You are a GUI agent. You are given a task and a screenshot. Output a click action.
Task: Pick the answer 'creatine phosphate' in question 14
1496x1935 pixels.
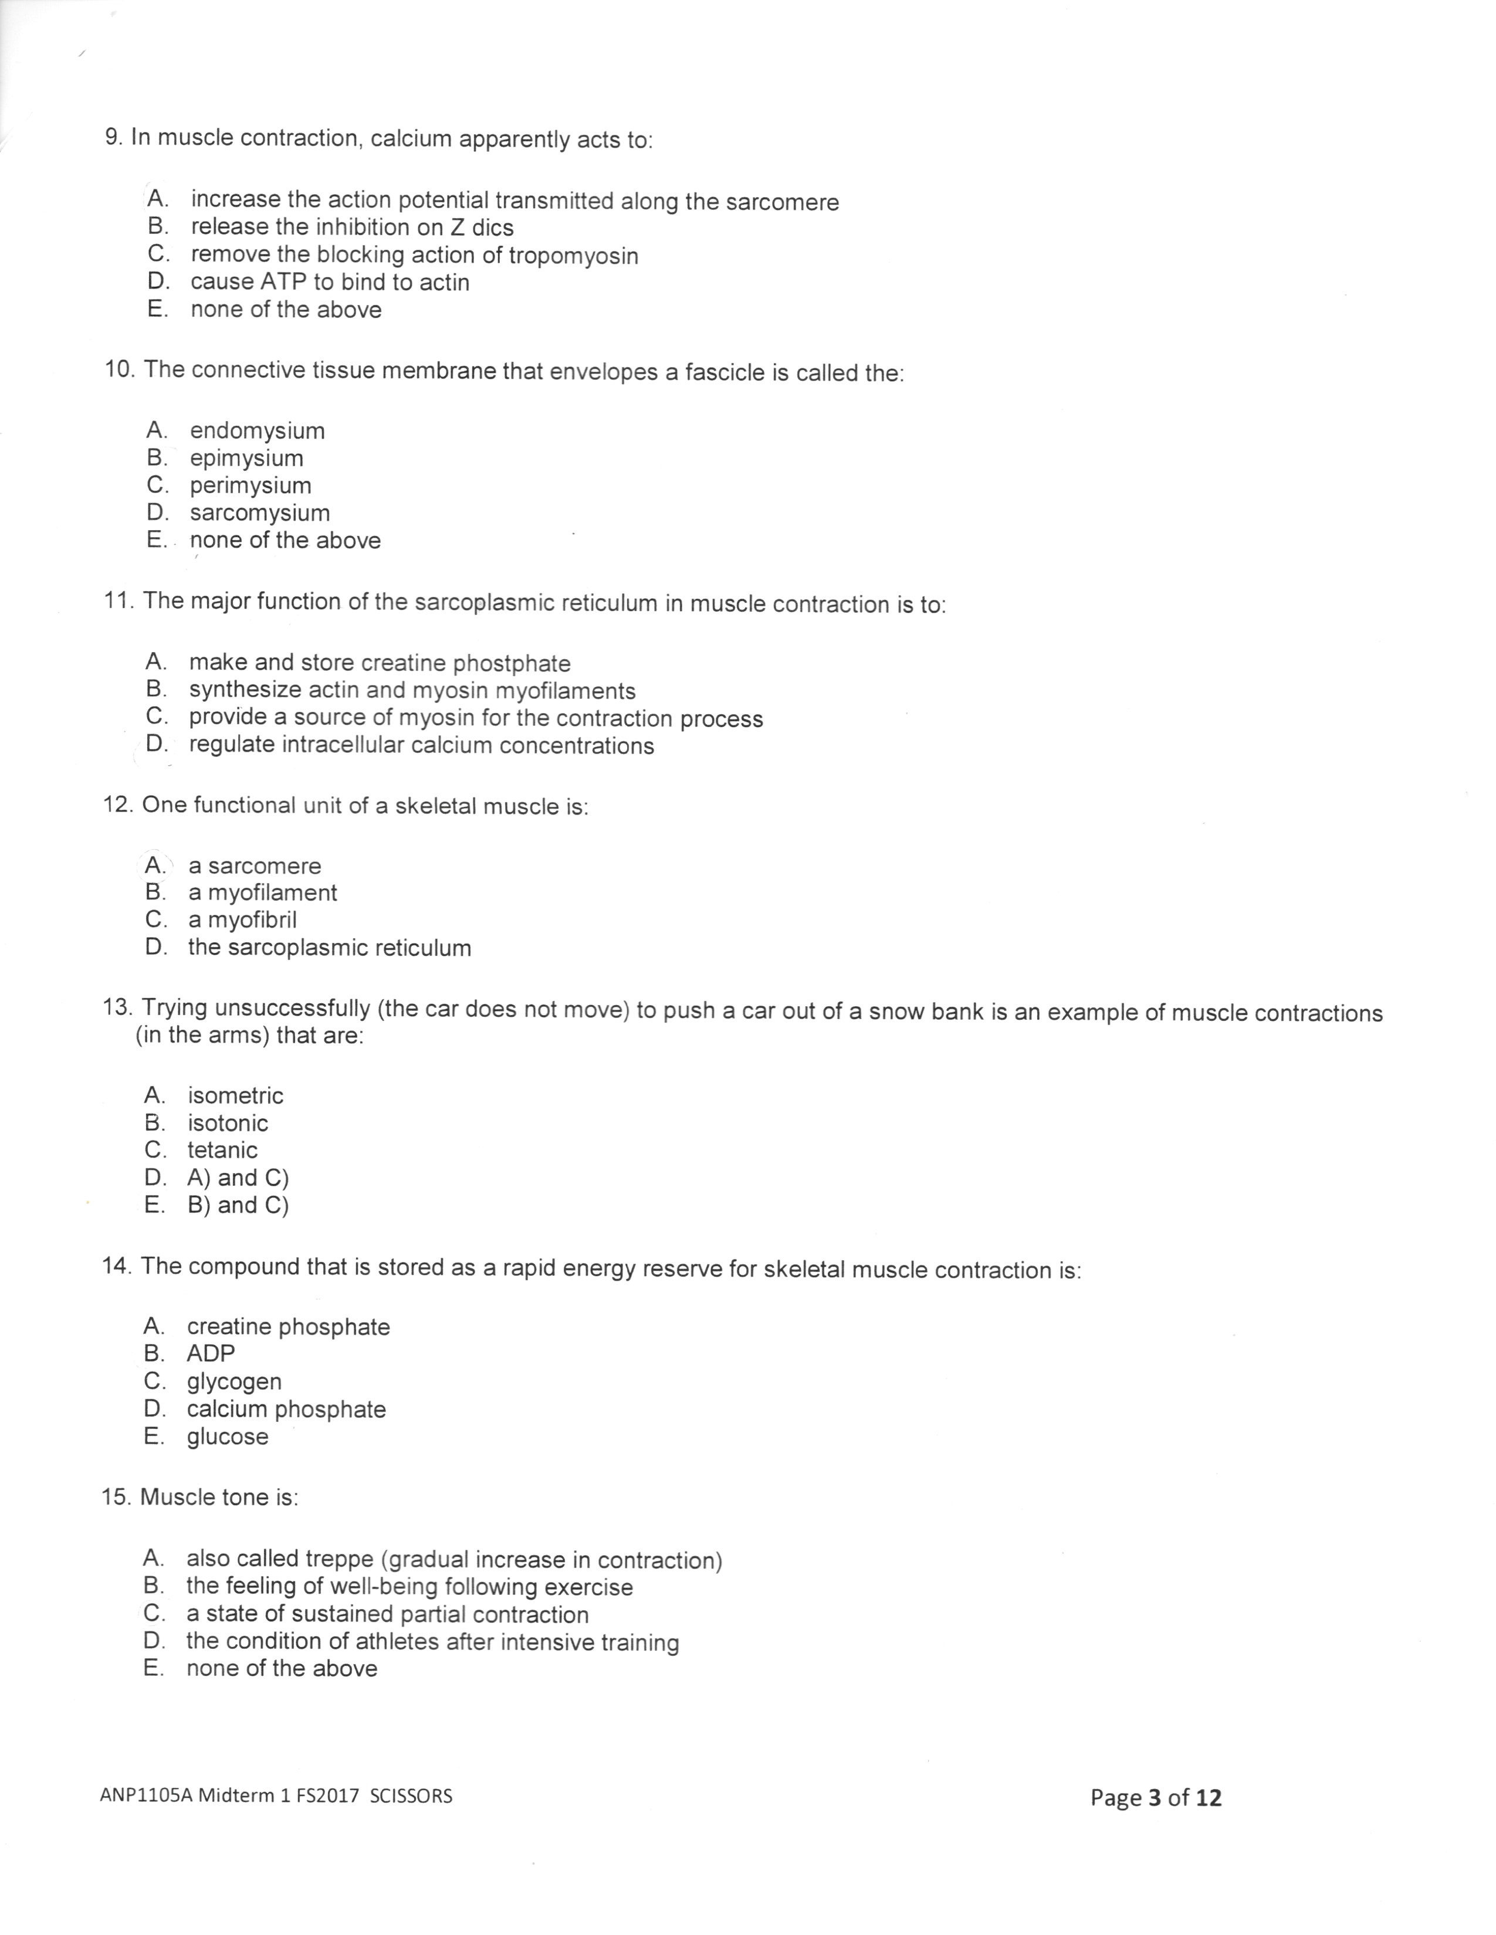click(x=288, y=1326)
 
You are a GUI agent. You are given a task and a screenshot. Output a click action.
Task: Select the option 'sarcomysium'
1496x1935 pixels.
click(x=260, y=513)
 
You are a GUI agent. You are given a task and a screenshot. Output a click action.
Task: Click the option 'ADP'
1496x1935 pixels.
click(x=211, y=1354)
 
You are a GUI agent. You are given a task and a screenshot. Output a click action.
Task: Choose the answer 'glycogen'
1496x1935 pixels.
click(x=234, y=1381)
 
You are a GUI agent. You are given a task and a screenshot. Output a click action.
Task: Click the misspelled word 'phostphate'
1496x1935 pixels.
click(x=512, y=664)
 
